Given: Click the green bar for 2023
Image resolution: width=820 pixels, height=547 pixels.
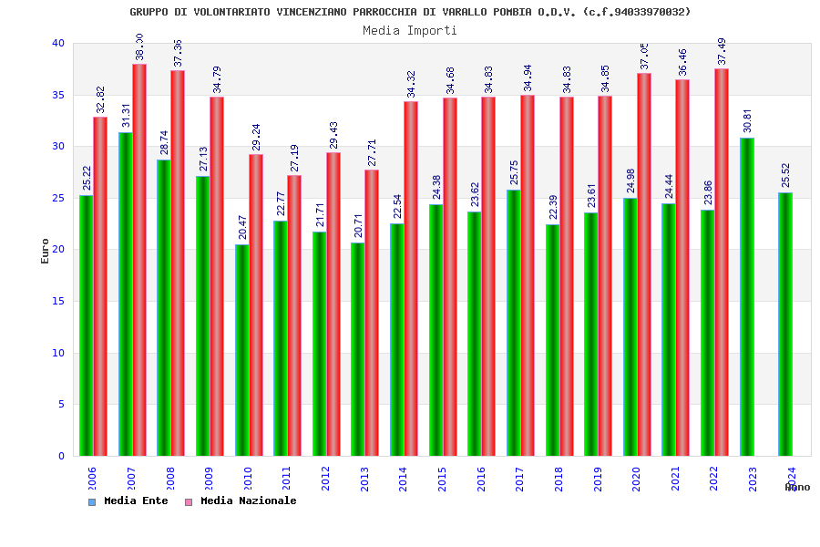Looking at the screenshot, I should tap(746, 296).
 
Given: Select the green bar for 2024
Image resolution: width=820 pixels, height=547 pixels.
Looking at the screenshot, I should tap(785, 324).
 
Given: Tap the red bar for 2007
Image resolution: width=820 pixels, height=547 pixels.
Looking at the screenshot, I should tap(139, 260).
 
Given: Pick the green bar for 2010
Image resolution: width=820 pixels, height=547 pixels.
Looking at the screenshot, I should tap(241, 350).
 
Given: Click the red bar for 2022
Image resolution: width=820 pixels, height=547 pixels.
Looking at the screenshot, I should tap(722, 262).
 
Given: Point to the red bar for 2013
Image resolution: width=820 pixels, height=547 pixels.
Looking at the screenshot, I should tap(372, 313).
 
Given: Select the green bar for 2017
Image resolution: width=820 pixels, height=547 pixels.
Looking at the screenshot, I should tap(513, 323).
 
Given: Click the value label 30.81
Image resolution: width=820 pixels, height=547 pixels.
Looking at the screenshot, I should tap(748, 120).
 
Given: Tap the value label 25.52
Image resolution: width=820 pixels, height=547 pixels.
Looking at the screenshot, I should tap(786, 175).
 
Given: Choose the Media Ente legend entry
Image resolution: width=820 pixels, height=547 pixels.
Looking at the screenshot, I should tap(128, 501).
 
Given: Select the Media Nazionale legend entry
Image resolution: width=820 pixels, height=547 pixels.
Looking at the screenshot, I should tap(241, 501).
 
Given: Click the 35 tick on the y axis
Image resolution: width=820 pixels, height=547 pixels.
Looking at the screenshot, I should tap(58, 95).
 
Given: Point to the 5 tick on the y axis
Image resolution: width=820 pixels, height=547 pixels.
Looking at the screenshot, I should tap(61, 404).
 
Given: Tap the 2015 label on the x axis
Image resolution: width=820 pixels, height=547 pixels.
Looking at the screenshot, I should tap(442, 480).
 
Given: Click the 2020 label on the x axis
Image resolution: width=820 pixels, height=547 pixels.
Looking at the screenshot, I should tap(636, 480).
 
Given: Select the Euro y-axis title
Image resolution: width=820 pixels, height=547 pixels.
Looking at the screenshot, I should tap(46, 251).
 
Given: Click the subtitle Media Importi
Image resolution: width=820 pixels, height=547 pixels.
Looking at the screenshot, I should tap(410, 30).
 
